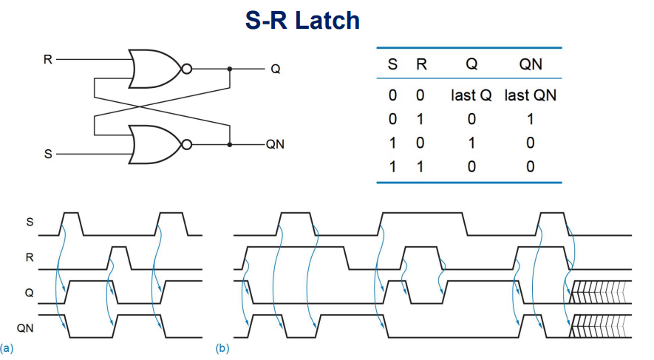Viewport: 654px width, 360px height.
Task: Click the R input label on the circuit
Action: click(x=48, y=59)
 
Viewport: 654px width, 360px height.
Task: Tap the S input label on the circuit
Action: click(x=48, y=154)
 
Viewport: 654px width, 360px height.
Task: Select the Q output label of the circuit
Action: click(x=275, y=69)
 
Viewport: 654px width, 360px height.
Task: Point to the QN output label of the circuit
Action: click(x=275, y=144)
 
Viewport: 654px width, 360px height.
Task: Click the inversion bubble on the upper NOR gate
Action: click(x=186, y=69)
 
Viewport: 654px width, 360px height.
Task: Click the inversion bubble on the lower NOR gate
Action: click(x=186, y=144)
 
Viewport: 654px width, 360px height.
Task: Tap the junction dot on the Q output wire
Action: click(x=230, y=69)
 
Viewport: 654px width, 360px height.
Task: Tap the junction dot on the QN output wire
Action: click(x=230, y=144)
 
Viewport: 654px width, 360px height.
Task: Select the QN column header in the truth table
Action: click(x=530, y=64)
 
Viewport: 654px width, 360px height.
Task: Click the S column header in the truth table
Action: click(x=393, y=64)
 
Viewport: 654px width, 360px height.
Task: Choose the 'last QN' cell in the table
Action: click(x=530, y=95)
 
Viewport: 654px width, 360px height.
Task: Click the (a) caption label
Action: click(x=7, y=347)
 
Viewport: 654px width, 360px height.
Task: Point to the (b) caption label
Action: click(x=221, y=347)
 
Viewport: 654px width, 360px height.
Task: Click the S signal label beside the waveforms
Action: click(x=30, y=221)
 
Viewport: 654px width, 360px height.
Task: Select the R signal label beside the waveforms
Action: click(x=30, y=258)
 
